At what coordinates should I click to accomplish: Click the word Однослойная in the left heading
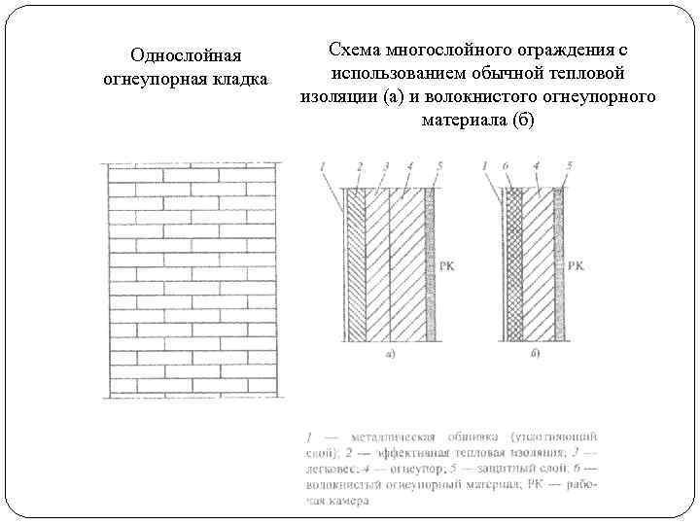185,56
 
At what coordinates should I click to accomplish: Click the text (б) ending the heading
521,120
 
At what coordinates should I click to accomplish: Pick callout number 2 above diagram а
360,167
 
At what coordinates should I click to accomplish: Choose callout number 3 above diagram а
386,167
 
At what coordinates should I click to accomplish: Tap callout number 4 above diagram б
538,167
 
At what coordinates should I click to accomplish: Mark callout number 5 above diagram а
439,167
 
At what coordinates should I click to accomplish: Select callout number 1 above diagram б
484,167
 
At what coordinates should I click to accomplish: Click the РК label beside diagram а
449,264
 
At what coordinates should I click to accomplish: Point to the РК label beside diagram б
577,264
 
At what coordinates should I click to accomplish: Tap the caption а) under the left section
389,356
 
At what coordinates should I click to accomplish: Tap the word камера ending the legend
348,502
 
